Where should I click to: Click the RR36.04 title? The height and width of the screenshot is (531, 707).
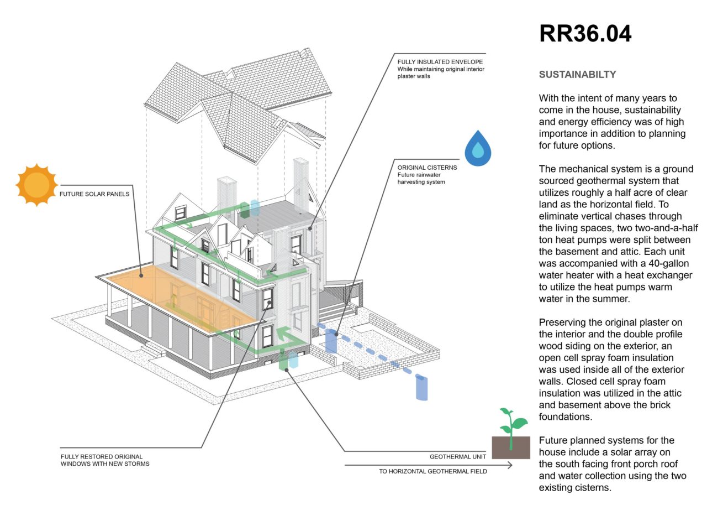[585, 34]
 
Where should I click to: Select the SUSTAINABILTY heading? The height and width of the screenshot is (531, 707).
[577, 75]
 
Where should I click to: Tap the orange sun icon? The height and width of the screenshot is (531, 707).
[36, 185]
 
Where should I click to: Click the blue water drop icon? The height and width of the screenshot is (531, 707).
[478, 148]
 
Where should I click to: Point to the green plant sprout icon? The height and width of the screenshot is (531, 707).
[513, 429]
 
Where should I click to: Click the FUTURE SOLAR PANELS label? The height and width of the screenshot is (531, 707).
[94, 194]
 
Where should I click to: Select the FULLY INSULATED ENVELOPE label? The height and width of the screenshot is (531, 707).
[440, 61]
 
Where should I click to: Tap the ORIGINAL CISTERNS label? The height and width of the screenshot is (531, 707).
[427, 168]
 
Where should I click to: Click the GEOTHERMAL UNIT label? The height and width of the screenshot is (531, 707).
[458, 456]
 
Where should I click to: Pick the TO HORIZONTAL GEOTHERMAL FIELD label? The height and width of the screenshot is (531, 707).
[433, 471]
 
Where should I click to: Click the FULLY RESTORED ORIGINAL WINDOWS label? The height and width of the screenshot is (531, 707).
[105, 460]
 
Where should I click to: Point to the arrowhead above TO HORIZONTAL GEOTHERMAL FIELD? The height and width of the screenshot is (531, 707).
[510, 465]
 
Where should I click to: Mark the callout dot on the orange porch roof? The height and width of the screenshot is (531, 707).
[141, 275]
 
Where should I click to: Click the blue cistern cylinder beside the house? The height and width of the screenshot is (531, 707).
[331, 341]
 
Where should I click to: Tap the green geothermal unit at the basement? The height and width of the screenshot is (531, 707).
[283, 360]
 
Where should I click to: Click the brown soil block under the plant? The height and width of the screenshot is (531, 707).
[511, 447]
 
